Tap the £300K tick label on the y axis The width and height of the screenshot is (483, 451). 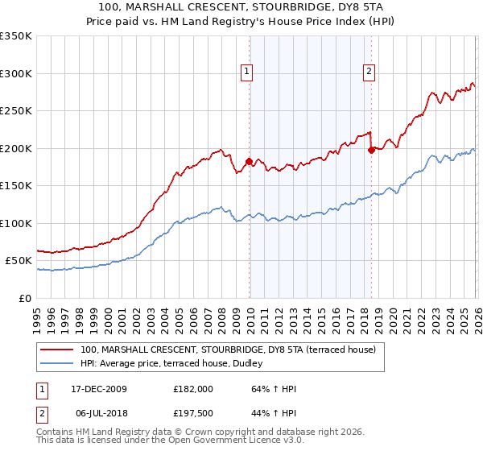16,73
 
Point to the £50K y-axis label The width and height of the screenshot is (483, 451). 19,261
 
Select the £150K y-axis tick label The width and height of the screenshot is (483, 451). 16,186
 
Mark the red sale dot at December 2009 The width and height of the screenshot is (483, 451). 249,162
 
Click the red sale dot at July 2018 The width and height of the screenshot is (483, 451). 371,150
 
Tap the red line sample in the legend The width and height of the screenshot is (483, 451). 57,350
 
